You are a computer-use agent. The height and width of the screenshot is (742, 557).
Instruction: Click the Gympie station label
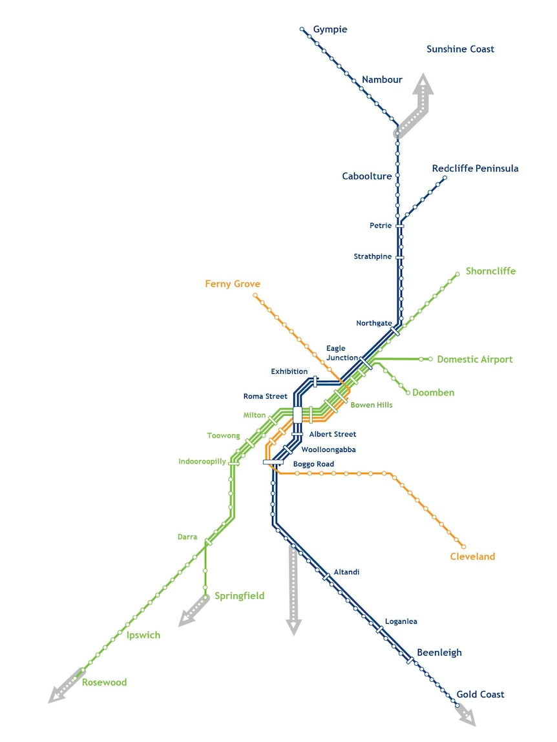click(x=330, y=30)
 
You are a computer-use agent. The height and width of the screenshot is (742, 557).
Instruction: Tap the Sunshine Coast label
click(x=460, y=49)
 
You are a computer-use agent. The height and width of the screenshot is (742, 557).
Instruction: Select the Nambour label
click(x=382, y=79)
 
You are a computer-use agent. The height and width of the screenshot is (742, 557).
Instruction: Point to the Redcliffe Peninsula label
click(x=475, y=169)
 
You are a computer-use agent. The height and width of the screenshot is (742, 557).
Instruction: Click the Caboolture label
click(x=366, y=176)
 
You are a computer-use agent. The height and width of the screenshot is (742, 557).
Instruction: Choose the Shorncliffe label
click(x=490, y=271)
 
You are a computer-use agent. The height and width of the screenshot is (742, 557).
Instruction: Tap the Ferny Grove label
click(x=233, y=284)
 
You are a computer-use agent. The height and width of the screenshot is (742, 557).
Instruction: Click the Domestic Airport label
click(x=474, y=360)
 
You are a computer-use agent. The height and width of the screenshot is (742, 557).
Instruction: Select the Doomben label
click(x=434, y=393)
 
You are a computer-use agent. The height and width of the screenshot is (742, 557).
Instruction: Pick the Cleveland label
click(x=472, y=557)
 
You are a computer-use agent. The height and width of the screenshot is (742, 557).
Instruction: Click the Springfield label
click(x=239, y=596)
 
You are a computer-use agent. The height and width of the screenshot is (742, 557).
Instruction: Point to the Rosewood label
click(x=104, y=683)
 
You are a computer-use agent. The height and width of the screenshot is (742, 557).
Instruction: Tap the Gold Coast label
click(x=480, y=694)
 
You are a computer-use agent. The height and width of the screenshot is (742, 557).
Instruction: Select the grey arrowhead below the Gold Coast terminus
click(x=468, y=717)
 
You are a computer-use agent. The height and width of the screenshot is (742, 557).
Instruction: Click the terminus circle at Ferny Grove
click(x=255, y=295)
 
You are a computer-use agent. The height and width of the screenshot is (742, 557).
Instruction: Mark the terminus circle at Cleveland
click(x=463, y=546)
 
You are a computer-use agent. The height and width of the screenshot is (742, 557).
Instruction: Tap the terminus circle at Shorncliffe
click(x=457, y=274)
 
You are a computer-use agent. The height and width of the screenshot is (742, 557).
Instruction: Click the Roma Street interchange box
click(x=297, y=415)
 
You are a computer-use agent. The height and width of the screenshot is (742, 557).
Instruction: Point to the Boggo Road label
click(x=313, y=464)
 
